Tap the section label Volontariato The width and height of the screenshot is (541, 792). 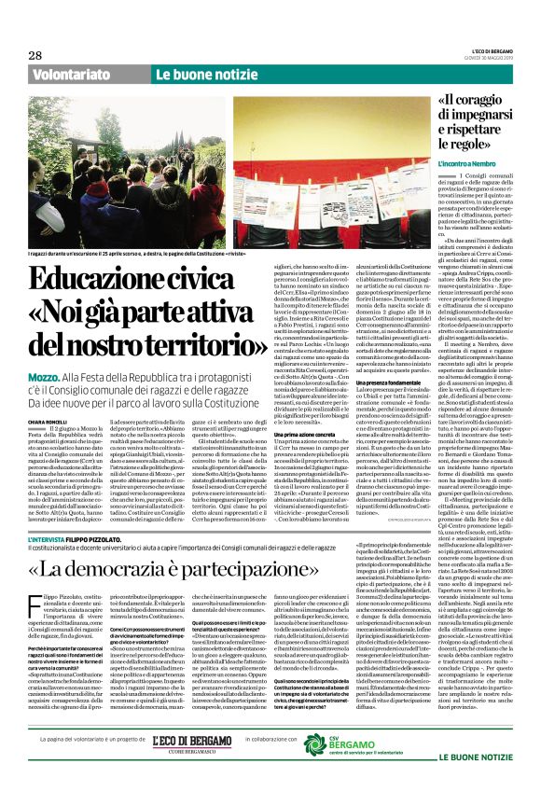75,74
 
